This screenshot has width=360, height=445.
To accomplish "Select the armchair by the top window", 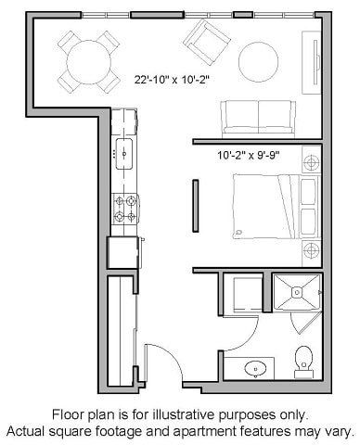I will point(206,41).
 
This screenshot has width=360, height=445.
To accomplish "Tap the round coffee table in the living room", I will point(259,62).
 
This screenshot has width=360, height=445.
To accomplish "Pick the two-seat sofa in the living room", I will point(258,118).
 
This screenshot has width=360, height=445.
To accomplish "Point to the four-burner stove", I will point(124,209).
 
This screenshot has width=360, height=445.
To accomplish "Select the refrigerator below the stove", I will point(122,252).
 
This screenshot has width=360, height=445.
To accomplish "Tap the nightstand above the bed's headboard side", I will point(310,162).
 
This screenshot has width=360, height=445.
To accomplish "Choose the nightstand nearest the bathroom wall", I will point(310,250).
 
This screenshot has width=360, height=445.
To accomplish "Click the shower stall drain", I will point(298,293).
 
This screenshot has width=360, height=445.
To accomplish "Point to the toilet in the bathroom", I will point(302,358).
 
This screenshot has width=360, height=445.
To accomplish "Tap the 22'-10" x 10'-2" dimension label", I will point(172,80).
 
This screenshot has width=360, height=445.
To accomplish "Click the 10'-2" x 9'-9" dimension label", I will point(248,155).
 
